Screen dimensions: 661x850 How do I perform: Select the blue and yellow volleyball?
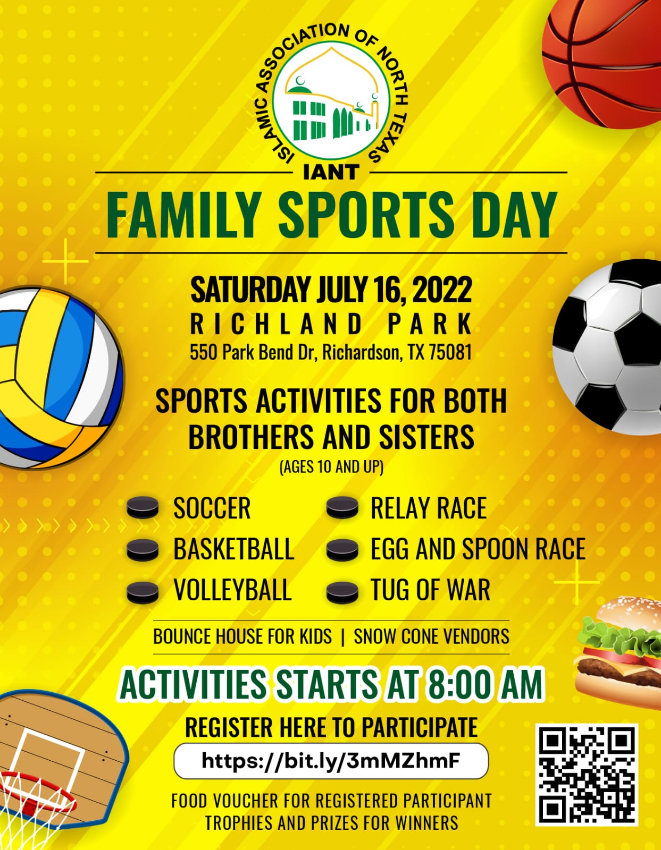click(58, 378)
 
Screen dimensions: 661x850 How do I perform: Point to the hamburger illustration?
click(618, 652)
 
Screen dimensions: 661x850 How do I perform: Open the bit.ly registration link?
click(331, 761)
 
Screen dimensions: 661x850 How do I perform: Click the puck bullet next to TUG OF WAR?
click(342, 592)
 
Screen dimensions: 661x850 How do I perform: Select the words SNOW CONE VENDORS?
click(431, 637)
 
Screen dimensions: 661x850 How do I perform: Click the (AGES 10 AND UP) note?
click(331, 467)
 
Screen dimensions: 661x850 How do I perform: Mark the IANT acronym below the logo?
click(331, 172)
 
